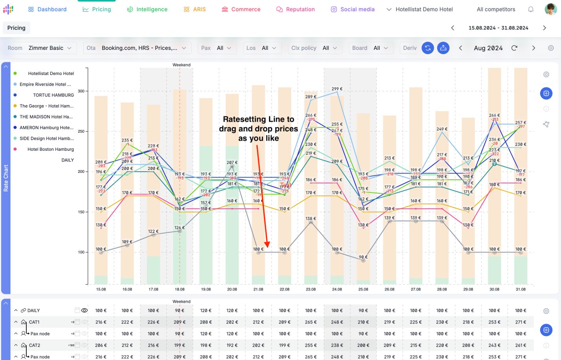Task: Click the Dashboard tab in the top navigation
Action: (47, 9)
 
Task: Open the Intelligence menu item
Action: (147, 9)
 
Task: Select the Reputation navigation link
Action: (295, 9)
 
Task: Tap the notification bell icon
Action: (531, 9)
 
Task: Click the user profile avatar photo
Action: (550, 9)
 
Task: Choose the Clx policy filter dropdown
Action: (314, 48)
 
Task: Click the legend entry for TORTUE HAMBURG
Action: (53, 95)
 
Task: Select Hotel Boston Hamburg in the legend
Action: (50, 149)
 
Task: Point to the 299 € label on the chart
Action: (337, 89)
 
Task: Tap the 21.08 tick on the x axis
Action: (258, 289)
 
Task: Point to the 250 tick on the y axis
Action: (81, 132)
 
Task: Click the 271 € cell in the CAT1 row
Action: (521, 322)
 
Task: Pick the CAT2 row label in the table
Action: (35, 345)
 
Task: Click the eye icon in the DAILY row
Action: (84, 311)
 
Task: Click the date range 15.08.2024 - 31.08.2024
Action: (498, 28)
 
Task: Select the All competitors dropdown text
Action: (496, 9)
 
